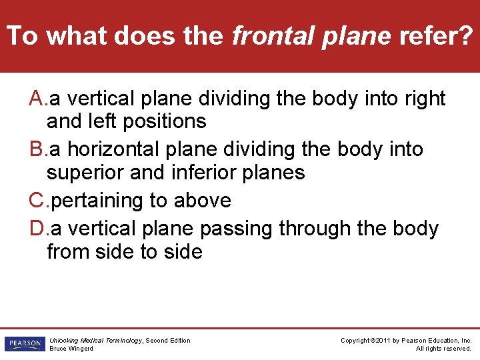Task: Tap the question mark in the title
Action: click(x=465, y=36)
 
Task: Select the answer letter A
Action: click(x=37, y=99)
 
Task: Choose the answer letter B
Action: click(x=37, y=149)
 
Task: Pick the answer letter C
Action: click(x=37, y=200)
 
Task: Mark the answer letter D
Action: click(x=37, y=229)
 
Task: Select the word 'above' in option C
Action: click(x=203, y=200)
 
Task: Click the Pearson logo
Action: click(x=23, y=344)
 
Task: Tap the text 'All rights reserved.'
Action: click(x=443, y=349)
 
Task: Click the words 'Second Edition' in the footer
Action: click(x=168, y=341)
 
